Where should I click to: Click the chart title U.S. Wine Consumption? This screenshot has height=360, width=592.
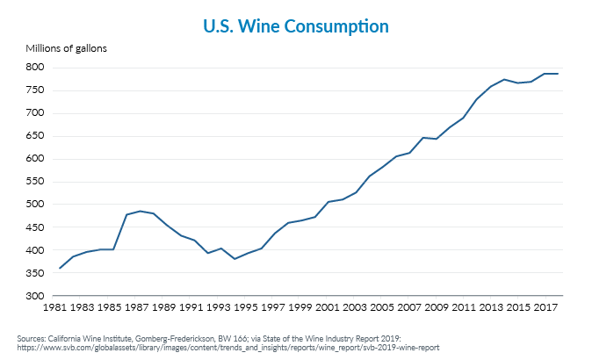pos(295,26)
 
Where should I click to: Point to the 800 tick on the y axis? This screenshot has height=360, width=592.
pos(34,67)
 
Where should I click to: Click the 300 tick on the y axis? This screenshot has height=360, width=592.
pos(34,296)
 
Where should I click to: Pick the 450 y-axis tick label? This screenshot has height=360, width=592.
pos(34,227)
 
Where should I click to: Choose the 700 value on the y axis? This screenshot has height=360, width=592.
pos(34,112)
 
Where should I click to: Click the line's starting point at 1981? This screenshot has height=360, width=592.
pos(60,269)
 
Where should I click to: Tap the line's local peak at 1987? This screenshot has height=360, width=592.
pos(140,211)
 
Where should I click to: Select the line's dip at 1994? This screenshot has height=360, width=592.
pos(234,259)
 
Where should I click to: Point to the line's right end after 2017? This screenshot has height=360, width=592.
pos(558,74)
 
